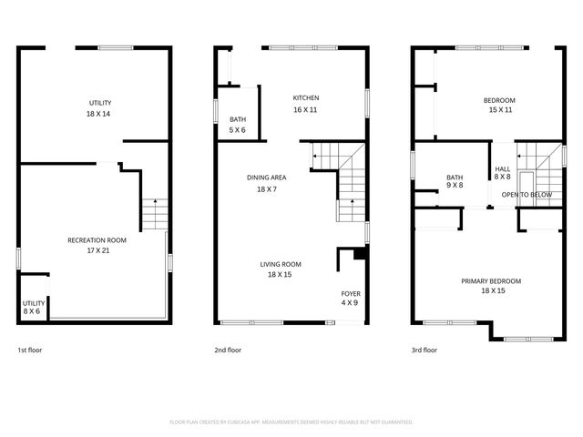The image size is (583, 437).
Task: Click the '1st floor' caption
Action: [x=30, y=350]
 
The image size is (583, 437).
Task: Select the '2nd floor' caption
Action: [x=228, y=350]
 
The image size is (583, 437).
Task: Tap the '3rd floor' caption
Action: [x=424, y=350]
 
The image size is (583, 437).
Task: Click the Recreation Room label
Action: [x=97, y=239]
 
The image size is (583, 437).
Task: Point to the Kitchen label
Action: [x=305, y=98]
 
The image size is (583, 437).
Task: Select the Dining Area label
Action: [x=267, y=178]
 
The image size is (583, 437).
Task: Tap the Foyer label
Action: [x=351, y=293]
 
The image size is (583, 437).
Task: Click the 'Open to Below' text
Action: [x=527, y=194]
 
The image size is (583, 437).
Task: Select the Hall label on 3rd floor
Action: [x=502, y=168]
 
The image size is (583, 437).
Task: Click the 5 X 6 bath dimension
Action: [x=237, y=130]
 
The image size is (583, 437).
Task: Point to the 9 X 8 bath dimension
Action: [x=455, y=186]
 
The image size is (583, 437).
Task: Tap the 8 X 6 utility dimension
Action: [x=34, y=311]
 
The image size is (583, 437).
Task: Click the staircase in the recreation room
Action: [x=154, y=215]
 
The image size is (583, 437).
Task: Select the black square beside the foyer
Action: [x=360, y=256]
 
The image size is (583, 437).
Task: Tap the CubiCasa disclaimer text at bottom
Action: [x=291, y=422]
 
